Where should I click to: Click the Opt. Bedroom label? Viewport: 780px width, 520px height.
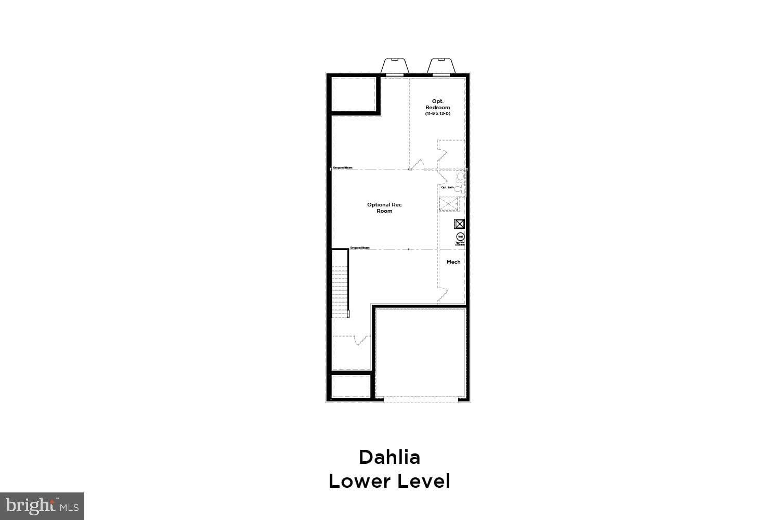click(x=437, y=104)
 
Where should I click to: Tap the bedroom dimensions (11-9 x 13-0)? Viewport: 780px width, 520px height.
click(x=437, y=113)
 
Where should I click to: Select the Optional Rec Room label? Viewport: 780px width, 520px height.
click(x=384, y=207)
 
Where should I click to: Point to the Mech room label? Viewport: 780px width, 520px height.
click(x=453, y=262)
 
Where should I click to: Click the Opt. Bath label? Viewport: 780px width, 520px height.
click(x=447, y=187)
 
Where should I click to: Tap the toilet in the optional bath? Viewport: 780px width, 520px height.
click(x=460, y=176)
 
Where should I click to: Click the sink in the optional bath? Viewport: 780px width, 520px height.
click(x=458, y=189)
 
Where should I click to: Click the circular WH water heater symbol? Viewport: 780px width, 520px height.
click(x=460, y=237)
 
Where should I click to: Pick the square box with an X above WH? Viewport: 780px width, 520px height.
click(x=460, y=224)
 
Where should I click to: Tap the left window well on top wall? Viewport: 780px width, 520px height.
click(x=395, y=66)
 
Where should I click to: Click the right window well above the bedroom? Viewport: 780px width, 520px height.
click(x=441, y=66)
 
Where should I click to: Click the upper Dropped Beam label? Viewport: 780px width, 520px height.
click(x=343, y=167)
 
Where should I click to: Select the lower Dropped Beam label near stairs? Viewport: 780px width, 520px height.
click(x=360, y=248)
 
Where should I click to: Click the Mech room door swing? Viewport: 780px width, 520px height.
click(x=443, y=295)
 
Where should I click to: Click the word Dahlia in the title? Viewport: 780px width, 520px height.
click(x=389, y=457)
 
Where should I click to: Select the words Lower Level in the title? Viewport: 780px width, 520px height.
click(x=389, y=481)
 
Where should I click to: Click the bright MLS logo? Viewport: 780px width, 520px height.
click(x=42, y=505)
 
